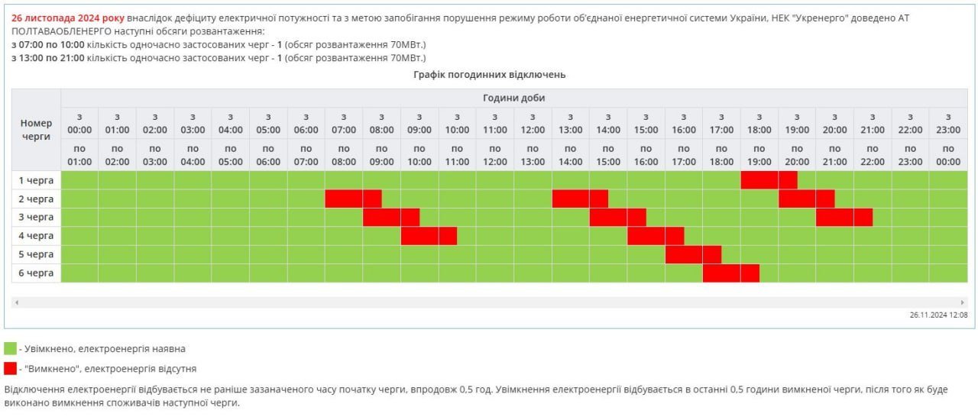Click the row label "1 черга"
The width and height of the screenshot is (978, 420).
[x=36, y=180]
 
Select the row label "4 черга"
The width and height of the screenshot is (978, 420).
[x=36, y=236]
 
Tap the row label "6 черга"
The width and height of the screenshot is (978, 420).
[x=36, y=273]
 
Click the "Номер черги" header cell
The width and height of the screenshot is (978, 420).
[x=36, y=130]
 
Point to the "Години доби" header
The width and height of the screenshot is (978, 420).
[x=513, y=99]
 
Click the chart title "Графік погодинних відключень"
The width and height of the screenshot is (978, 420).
[x=489, y=75]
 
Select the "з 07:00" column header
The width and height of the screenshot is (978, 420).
[x=344, y=124]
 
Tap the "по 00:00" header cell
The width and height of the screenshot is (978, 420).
[x=947, y=155]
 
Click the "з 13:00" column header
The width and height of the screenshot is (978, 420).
[x=570, y=124]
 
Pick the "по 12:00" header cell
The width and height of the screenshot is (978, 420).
[x=495, y=155]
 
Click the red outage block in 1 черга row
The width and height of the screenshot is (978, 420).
[x=769, y=180]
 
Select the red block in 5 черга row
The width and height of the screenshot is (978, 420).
[x=693, y=254]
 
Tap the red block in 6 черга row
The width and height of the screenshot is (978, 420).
[x=730, y=273]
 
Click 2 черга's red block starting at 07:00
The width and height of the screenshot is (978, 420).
[x=353, y=199]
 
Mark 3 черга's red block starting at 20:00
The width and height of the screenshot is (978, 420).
[x=844, y=218]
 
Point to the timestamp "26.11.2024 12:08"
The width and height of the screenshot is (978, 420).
[x=938, y=315]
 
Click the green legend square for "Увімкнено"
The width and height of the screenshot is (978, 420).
[x=10, y=349]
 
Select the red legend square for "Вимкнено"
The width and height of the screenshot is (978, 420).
[x=10, y=368]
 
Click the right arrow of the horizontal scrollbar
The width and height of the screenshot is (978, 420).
[x=963, y=303]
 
